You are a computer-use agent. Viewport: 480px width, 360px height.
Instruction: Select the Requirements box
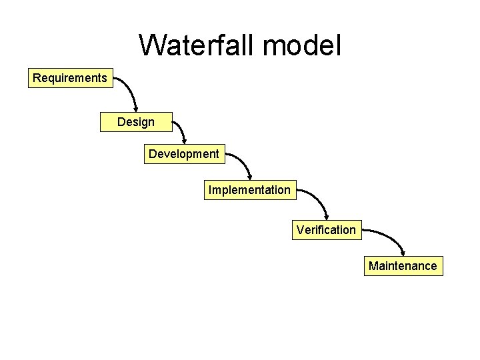click(70, 78)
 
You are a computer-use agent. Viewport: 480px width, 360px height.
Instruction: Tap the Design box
click(136, 122)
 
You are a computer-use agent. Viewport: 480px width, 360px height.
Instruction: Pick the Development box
click(184, 154)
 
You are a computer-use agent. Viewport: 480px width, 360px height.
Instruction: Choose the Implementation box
click(249, 190)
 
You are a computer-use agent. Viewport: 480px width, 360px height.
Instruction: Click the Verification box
click(326, 230)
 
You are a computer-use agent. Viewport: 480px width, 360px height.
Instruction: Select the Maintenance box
click(403, 266)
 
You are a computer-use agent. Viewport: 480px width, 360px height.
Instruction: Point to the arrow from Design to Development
click(181, 130)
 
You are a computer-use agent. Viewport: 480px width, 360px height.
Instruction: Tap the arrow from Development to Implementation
click(241, 163)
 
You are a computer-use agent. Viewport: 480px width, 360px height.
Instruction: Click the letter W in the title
click(153, 45)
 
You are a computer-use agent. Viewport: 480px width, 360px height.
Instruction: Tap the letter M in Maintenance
click(374, 266)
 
